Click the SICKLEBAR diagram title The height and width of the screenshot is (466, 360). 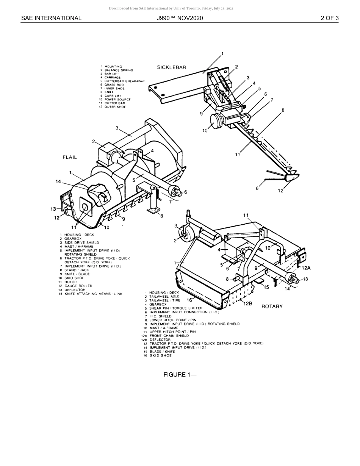click(172, 67)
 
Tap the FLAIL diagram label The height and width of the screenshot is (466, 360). click(70, 157)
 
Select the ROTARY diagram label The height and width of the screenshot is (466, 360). click(272, 306)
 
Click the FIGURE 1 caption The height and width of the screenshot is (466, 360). click(180, 375)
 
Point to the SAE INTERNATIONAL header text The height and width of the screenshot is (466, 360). click(51, 18)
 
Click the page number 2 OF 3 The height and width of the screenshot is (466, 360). click(329, 18)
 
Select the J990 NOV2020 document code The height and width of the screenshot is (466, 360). click(180, 18)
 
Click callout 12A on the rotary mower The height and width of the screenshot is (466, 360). click(306, 268)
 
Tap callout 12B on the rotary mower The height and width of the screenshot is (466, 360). click(247, 303)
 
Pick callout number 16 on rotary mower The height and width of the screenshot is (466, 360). click(189, 300)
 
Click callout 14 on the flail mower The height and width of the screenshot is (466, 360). click(58, 181)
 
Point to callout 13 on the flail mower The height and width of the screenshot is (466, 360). click(53, 209)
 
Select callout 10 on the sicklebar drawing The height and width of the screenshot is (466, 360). click(205, 131)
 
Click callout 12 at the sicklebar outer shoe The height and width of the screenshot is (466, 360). click(280, 191)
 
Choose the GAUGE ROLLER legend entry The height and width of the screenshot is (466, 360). click(78, 286)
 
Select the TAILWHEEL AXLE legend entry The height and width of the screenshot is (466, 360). click(164, 297)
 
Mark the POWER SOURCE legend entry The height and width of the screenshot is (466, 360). click(117, 100)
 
